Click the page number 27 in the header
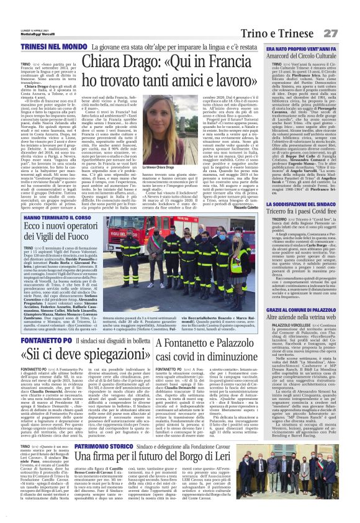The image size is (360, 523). [348, 14]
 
